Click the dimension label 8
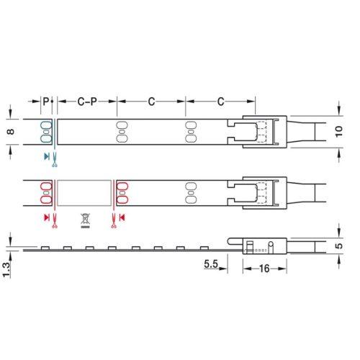(x=11, y=132)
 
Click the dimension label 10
(x=338, y=132)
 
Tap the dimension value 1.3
(x=6, y=270)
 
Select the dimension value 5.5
(x=211, y=264)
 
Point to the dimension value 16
(x=264, y=269)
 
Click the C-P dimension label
(x=87, y=102)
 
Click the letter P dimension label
(x=46, y=102)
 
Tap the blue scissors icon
(x=55, y=160)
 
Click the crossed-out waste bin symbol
(x=85, y=220)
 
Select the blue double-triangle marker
(x=47, y=157)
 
